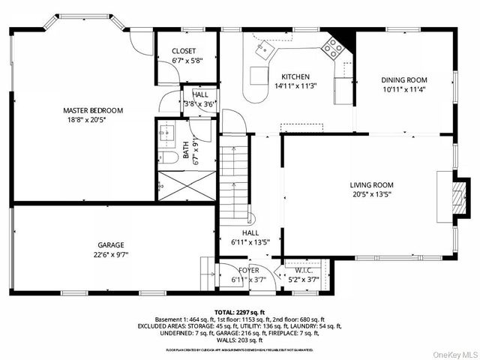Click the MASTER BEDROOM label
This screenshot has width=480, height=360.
(x=92, y=110)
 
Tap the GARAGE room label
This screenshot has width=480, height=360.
(x=110, y=244)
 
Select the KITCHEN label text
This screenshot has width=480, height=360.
(x=295, y=76)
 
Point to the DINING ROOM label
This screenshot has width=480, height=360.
(x=403, y=79)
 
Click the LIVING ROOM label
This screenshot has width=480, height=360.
(x=371, y=184)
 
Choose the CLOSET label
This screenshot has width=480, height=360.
(x=184, y=51)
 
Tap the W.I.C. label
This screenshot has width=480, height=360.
(x=304, y=270)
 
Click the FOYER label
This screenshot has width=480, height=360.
(x=249, y=270)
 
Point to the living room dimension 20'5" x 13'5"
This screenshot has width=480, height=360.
(x=371, y=194)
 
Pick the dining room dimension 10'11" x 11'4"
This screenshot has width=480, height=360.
(x=403, y=89)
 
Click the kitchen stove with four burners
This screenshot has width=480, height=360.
(x=333, y=49)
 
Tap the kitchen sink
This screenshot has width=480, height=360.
(x=264, y=51)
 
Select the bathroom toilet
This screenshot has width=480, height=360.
(x=169, y=157)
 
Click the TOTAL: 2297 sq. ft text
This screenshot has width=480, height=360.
(x=239, y=311)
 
